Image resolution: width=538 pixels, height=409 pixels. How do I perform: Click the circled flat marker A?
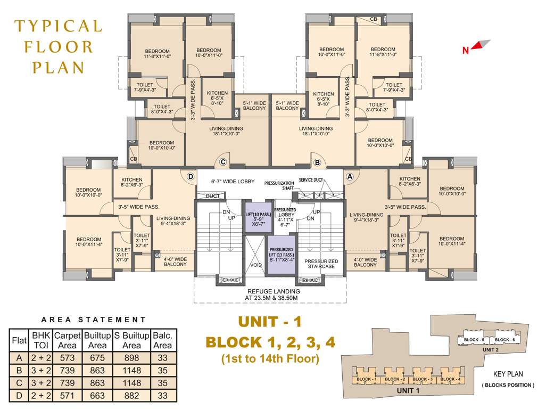350,176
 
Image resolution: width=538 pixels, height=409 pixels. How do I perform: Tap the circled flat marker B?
317,162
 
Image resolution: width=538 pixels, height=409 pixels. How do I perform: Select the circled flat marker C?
223,162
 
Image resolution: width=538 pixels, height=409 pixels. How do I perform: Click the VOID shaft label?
256,265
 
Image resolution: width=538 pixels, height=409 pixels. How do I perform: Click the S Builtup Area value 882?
131,395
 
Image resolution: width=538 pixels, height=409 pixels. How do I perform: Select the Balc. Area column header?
162,341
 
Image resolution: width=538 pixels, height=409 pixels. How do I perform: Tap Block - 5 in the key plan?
474,340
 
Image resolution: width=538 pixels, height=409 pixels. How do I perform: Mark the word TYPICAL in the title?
57,26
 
